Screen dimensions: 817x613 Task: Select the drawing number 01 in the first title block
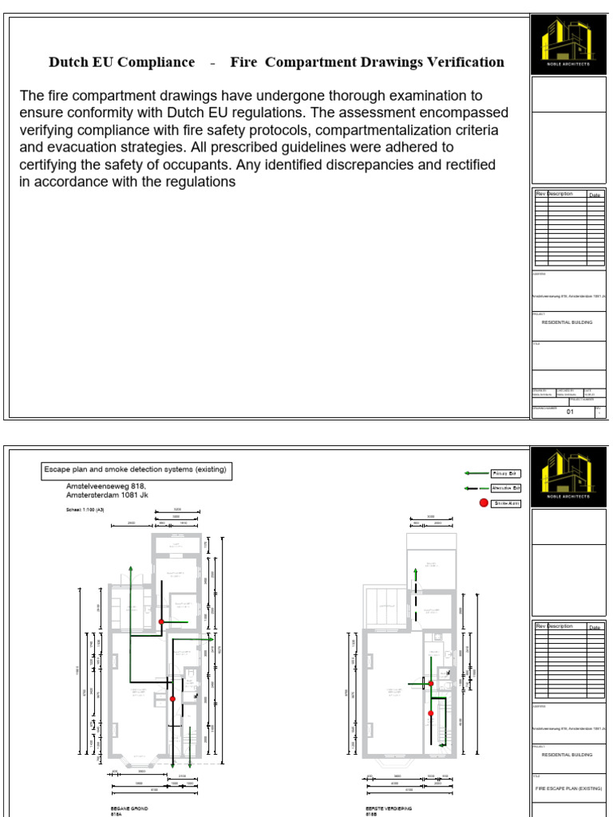tap(570, 412)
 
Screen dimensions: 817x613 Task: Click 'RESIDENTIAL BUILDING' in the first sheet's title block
tap(568, 322)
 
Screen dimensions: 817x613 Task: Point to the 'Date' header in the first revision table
tap(595, 195)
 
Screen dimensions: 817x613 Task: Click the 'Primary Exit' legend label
tap(505, 473)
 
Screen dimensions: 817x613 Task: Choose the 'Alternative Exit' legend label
tap(505, 487)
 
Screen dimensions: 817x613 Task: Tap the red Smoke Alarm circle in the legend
tap(484, 503)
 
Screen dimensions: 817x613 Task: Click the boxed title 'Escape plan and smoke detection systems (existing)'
tap(135, 471)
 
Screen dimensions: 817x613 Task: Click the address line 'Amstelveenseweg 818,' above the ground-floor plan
tap(105, 485)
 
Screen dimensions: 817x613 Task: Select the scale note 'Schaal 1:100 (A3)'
tap(85, 509)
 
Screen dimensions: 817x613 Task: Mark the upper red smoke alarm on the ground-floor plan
tap(161, 622)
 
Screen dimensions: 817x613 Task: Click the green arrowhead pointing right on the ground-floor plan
tap(211, 639)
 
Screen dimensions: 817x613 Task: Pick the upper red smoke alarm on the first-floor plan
tap(431, 683)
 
